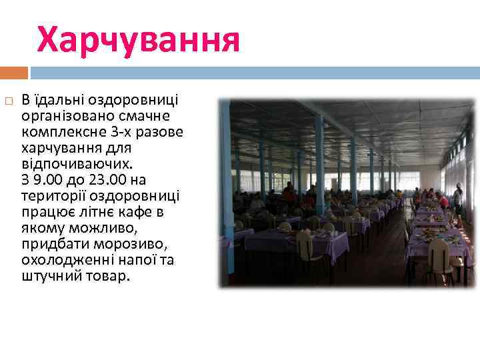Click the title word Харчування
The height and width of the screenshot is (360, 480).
(x=138, y=41)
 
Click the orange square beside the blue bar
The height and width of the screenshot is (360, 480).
(x=14, y=72)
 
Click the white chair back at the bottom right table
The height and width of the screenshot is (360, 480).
(x=439, y=254)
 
